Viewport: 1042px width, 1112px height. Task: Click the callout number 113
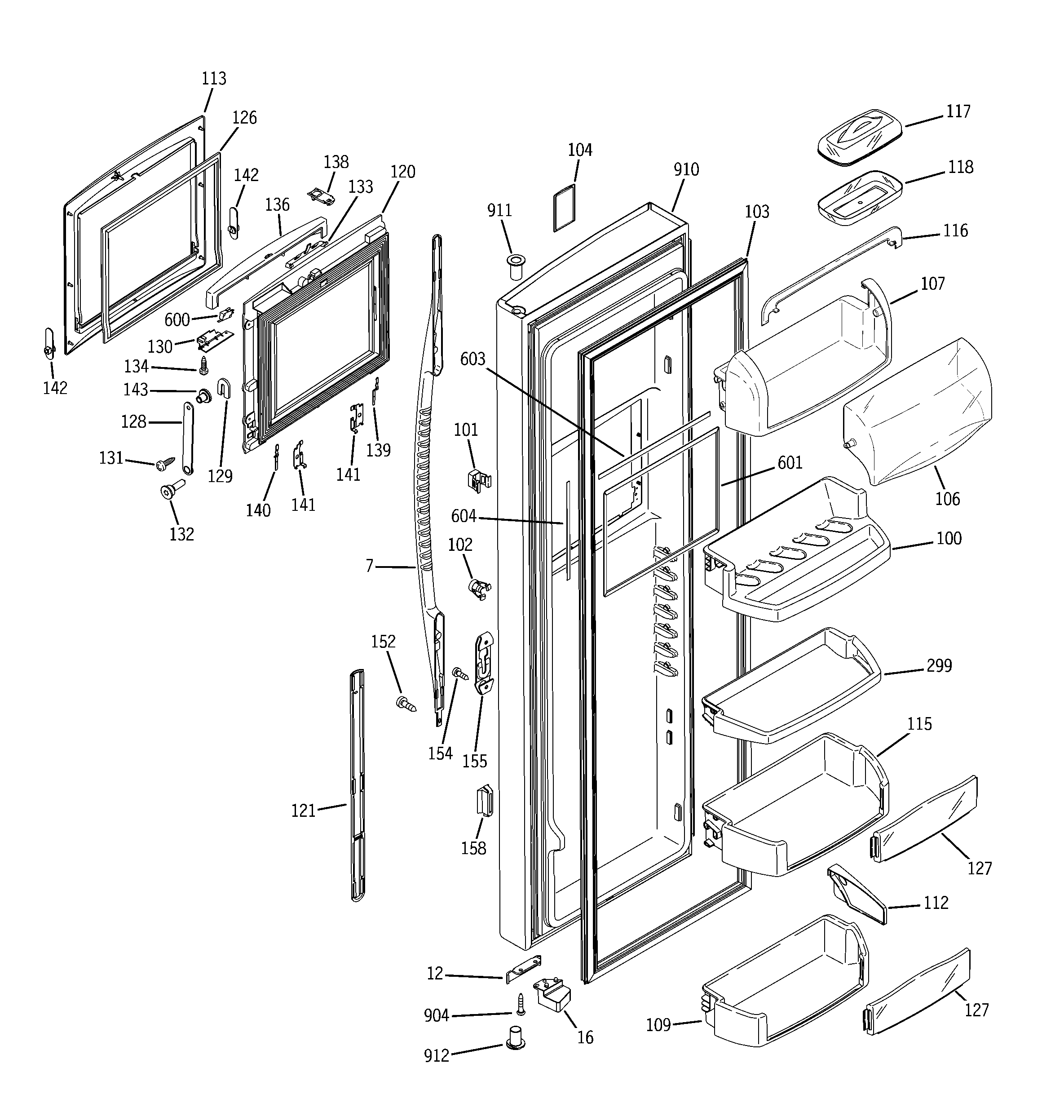click(214, 78)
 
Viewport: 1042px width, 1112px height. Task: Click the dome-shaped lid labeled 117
click(860, 137)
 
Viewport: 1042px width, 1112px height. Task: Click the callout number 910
click(686, 169)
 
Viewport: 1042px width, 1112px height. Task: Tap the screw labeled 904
click(521, 1004)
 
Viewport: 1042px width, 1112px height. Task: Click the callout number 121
click(303, 811)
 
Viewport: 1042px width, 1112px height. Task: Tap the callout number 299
click(939, 666)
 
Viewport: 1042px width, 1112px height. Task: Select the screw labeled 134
click(203, 365)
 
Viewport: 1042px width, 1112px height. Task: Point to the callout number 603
click(472, 359)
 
